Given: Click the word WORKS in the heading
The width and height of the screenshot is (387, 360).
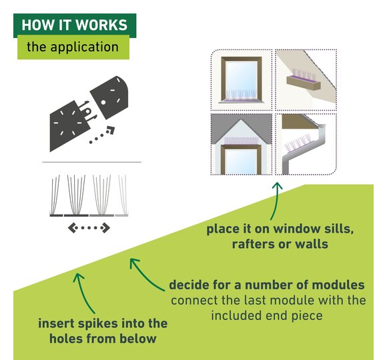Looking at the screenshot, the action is [101, 25].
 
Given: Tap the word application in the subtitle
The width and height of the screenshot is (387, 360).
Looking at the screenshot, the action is [85, 47].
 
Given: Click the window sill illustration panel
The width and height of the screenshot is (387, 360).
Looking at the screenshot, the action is [242, 80].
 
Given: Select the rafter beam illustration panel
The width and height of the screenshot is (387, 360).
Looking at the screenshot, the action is [306, 80].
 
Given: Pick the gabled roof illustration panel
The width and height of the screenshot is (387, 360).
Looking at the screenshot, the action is [242, 144].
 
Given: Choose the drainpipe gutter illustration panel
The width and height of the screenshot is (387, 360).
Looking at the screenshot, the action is [306, 144].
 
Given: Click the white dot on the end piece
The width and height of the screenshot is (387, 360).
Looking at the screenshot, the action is [103, 102].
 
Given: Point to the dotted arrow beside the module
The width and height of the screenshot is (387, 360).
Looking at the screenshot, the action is [101, 135].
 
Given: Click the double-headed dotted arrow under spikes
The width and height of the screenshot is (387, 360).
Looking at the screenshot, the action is [89, 228].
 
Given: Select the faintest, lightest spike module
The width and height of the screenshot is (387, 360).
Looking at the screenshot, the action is [122, 196].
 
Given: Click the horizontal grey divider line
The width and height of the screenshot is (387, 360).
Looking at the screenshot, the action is [91, 162].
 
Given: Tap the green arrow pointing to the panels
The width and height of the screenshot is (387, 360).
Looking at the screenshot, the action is [276, 200].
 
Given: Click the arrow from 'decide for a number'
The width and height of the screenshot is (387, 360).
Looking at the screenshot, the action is [144, 274].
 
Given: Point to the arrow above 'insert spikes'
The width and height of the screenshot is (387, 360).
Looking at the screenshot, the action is [84, 292].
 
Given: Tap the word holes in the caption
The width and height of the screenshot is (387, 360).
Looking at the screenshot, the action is [63, 338].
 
